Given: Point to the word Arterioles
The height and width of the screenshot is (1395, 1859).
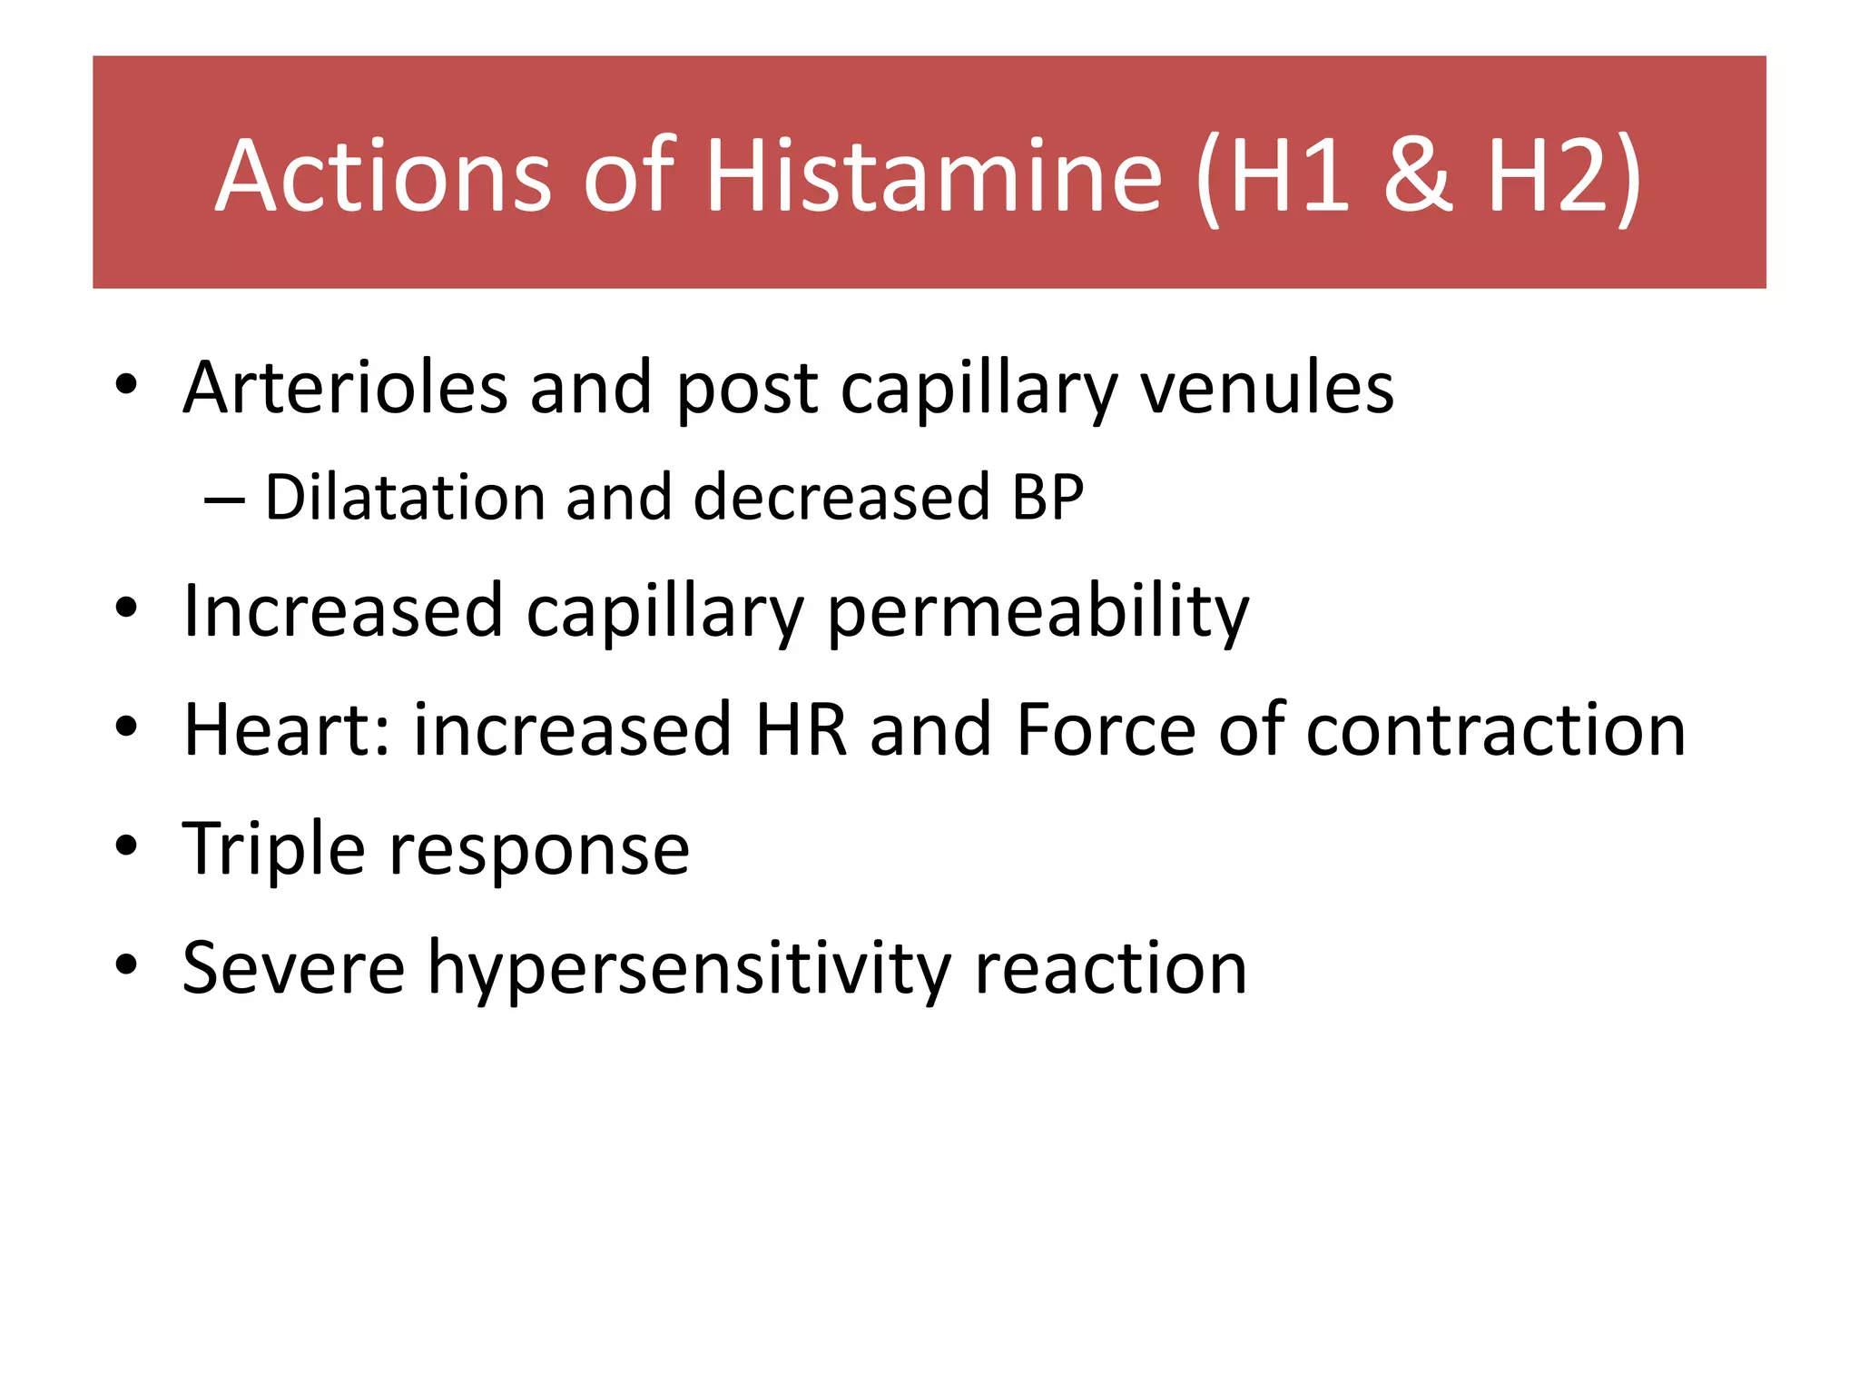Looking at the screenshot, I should click(x=345, y=388).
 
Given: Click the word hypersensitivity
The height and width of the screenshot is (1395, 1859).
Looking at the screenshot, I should click(x=689, y=970).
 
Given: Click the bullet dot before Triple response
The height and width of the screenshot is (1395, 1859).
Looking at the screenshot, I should click(x=126, y=846).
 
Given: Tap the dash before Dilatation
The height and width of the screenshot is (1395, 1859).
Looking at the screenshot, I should click(x=224, y=500).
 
